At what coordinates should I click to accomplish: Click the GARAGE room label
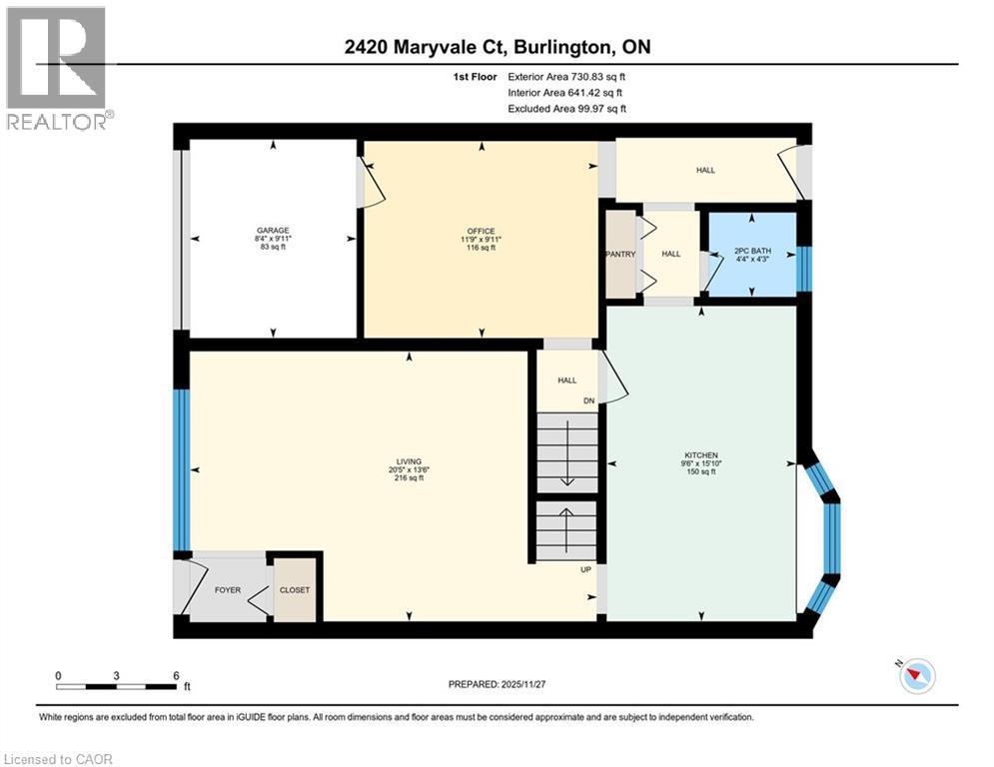point(272,230)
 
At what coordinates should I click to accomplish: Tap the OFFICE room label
point(482,231)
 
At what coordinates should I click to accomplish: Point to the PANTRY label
point(620,254)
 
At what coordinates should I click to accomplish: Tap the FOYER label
point(229,589)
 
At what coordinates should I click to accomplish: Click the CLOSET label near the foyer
point(295,589)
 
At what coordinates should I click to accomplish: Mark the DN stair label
point(589,402)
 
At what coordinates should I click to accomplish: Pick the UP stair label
point(588,569)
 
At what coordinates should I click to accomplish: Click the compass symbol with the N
point(914,676)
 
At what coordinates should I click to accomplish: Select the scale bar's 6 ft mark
point(176,675)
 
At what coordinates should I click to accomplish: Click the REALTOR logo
point(58,68)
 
